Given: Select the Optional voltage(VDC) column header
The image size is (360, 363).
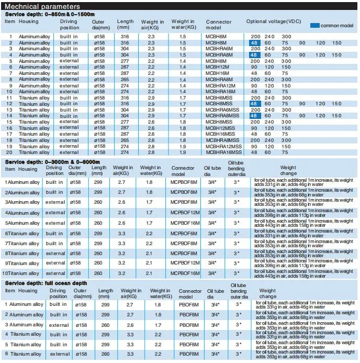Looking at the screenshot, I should (273, 21).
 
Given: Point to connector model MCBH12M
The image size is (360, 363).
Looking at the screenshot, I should (217, 67).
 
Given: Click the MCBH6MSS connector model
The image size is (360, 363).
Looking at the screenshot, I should (219, 97).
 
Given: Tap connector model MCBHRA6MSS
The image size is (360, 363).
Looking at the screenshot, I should (222, 109).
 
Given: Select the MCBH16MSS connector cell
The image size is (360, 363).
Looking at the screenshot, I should (220, 134).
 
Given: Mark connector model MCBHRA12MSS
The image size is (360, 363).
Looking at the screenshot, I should (224, 146).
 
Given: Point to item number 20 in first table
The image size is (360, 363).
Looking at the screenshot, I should (10, 152).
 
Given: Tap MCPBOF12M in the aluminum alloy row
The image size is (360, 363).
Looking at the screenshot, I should (185, 213).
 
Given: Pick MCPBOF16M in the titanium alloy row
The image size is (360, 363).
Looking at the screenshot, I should (185, 273).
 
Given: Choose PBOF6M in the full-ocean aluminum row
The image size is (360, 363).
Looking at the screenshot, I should (189, 304).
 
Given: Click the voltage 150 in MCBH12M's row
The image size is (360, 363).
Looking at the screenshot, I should (286, 67).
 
